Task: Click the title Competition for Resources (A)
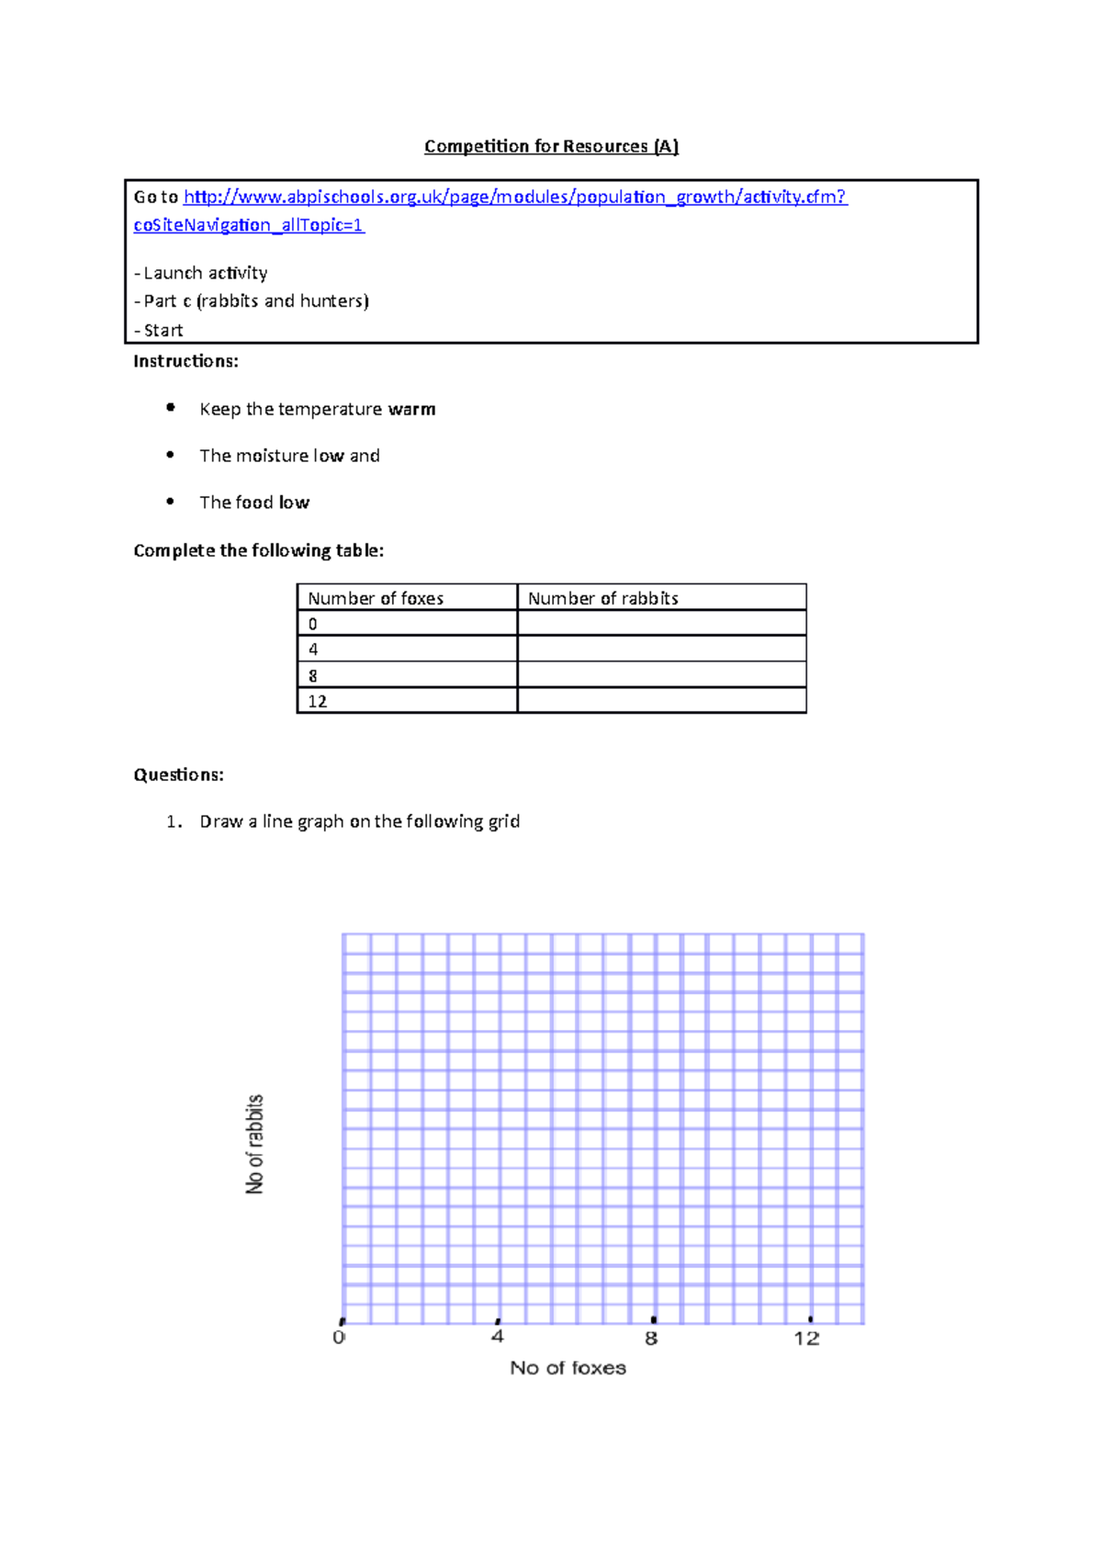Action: [x=551, y=146]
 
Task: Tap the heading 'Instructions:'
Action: [x=186, y=361]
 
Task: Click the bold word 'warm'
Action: [x=411, y=409]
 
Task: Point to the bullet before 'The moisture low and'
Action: [x=170, y=454]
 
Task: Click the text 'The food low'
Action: [x=254, y=503]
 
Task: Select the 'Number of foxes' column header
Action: [x=376, y=598]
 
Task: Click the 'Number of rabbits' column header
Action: [x=602, y=598]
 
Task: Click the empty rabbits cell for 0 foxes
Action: [x=661, y=624]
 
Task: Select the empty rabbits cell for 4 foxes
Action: [x=661, y=650]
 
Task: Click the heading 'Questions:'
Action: [x=178, y=774]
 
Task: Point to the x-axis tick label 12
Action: [x=806, y=1339]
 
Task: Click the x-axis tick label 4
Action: [x=498, y=1337]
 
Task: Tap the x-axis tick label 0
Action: [x=339, y=1338]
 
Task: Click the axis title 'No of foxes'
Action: [x=568, y=1368]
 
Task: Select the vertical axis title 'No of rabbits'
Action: [x=254, y=1144]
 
